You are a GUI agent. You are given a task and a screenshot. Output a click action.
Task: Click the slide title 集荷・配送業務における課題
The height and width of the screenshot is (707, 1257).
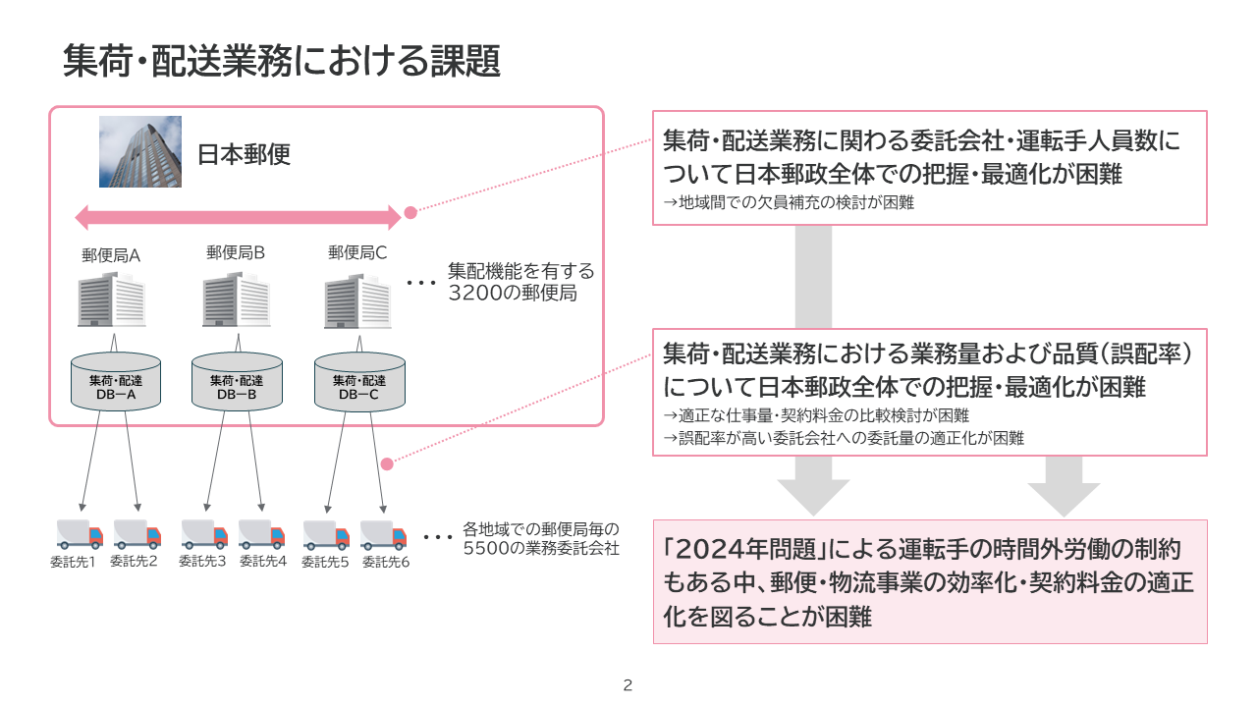tap(282, 61)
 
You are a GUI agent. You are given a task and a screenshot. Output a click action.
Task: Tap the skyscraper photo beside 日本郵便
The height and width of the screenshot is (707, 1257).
tap(140, 151)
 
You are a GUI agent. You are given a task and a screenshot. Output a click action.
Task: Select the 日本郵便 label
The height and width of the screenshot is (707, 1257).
tap(245, 154)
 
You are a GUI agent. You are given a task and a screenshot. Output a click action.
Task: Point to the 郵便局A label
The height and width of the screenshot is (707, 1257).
tap(111, 255)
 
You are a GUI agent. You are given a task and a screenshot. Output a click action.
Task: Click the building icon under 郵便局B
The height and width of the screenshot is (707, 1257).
tap(236, 300)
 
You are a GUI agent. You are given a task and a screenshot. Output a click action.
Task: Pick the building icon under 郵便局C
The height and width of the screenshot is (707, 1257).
tap(358, 300)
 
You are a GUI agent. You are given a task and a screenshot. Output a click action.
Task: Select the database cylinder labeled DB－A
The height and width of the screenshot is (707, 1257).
tap(115, 382)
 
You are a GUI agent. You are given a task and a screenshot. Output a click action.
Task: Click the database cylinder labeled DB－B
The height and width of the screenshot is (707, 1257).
tap(237, 382)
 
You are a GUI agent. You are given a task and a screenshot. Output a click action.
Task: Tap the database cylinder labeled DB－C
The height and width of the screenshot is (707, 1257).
tap(359, 382)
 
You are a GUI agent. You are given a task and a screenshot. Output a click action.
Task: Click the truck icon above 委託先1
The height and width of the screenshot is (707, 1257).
tap(79, 534)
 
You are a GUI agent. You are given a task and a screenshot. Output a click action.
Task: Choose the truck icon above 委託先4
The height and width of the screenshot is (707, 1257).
tap(262, 534)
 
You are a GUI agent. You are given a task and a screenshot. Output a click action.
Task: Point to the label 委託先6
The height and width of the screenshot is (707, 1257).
tap(386, 563)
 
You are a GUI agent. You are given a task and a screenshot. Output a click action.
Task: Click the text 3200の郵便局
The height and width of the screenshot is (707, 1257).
tap(511, 293)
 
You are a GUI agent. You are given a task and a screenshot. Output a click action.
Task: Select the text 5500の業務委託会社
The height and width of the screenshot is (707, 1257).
tap(541, 549)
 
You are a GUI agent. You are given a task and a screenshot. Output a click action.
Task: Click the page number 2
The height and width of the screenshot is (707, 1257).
tap(628, 685)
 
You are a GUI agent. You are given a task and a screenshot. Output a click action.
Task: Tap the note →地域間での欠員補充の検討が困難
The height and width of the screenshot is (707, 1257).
tap(789, 204)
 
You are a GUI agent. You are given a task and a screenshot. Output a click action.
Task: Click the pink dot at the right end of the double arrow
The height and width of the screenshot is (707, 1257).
tap(410, 212)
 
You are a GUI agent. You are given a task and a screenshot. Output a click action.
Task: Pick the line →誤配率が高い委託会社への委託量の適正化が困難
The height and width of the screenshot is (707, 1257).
tap(844, 438)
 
